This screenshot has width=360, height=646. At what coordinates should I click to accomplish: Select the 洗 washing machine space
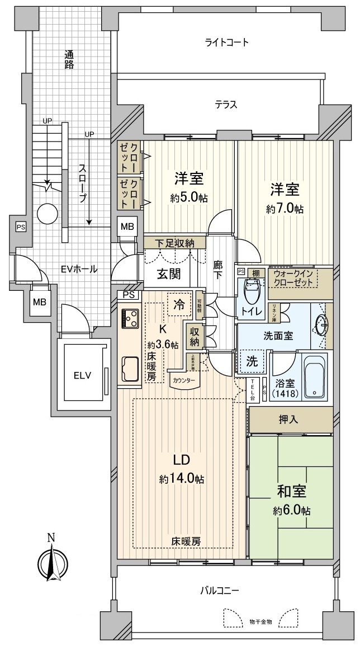tap(253, 361)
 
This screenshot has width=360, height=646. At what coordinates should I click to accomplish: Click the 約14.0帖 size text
tap(181, 479)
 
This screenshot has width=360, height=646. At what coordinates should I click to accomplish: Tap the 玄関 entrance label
tap(168, 274)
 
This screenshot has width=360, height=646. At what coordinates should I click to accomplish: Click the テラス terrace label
tap(226, 104)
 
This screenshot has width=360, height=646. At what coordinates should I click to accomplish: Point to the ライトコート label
tap(226, 43)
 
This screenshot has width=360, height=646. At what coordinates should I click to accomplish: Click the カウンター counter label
tap(184, 381)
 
